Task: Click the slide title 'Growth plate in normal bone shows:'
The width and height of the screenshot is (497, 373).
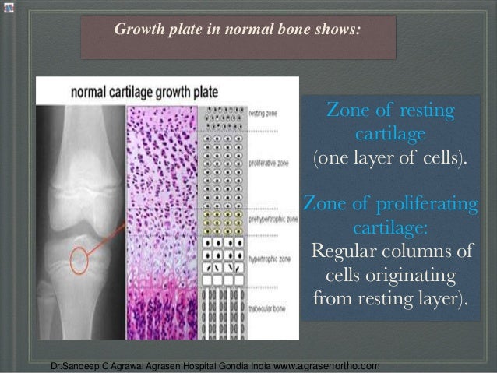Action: tap(238, 30)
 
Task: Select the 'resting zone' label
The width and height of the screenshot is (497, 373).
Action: tap(263, 114)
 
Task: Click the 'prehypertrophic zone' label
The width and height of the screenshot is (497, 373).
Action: tap(273, 221)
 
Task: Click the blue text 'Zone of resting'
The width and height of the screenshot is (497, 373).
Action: tap(390, 111)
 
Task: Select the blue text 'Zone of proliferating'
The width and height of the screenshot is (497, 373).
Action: tap(390, 205)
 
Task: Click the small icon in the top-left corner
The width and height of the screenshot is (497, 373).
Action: tap(7, 6)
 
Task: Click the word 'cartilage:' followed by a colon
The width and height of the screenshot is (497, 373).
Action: tap(390, 230)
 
